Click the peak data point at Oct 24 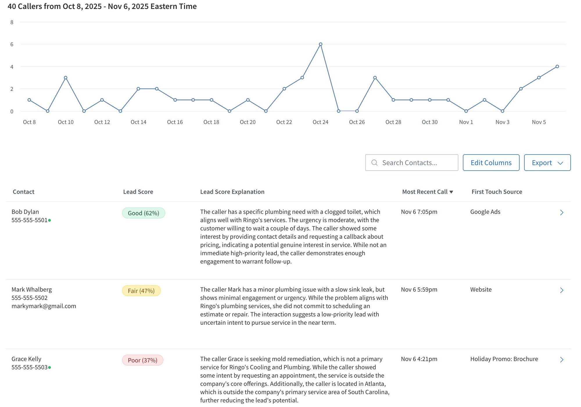(320, 44)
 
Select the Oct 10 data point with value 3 (66, 78)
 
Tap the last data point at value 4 (557, 66)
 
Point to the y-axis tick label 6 (12, 44)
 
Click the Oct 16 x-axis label (175, 122)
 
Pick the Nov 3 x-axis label (502, 122)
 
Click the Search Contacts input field (412, 163)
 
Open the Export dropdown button (547, 163)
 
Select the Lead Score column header (138, 192)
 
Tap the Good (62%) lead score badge (144, 213)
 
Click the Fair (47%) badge (141, 291)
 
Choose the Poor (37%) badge (143, 360)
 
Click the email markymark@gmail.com (44, 306)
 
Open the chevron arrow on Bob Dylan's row (562, 213)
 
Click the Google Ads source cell (485, 212)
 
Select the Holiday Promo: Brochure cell (504, 359)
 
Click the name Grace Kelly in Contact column (26, 359)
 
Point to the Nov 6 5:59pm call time (419, 290)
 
